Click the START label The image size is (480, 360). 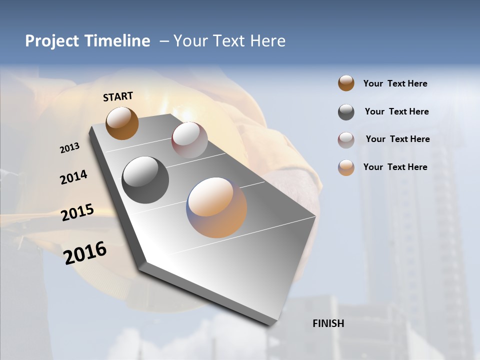pos(118,96)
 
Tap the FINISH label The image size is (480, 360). pos(328,323)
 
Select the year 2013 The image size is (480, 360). pos(70,148)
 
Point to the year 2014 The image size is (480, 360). pos(73,177)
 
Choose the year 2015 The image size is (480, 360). pos(77,212)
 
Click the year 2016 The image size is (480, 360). pos(85,252)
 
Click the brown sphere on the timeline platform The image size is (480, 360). pos(122,123)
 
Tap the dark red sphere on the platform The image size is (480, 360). pos(189,139)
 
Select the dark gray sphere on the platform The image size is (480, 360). pos(145,180)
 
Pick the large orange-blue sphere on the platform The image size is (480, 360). pos(216,207)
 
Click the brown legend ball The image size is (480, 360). pos(346,83)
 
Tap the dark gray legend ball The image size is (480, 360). pos(346,112)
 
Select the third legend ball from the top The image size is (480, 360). pos(346,140)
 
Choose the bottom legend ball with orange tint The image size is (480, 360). pos(346,167)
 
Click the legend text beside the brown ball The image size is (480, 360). pos(395,83)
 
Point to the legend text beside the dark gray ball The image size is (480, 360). pos(396,111)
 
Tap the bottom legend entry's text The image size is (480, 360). pos(395,167)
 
